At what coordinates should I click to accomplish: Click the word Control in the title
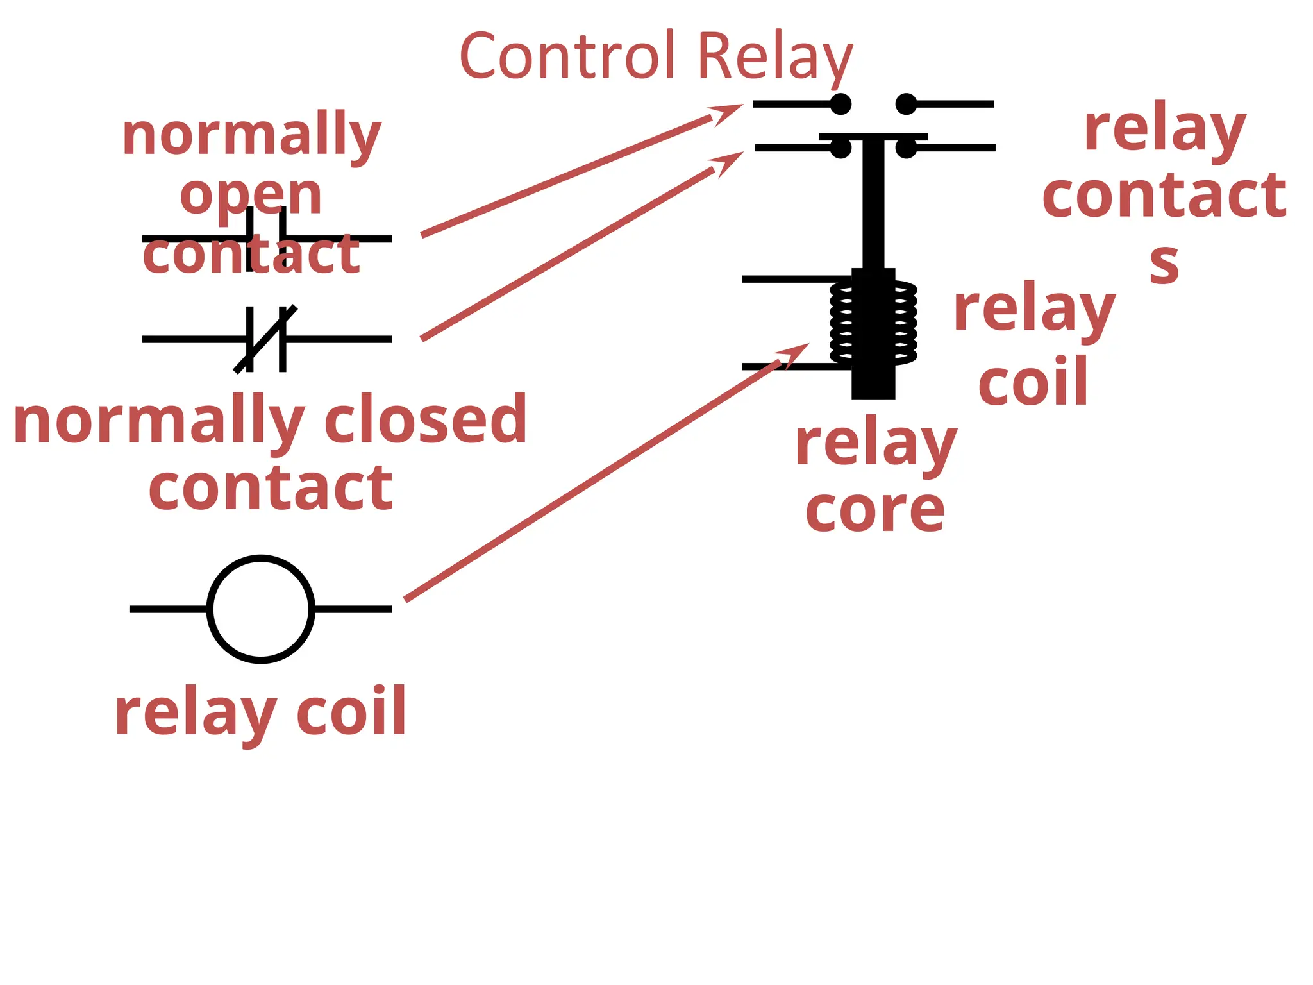[x=567, y=56]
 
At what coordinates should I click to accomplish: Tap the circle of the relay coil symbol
[x=261, y=609]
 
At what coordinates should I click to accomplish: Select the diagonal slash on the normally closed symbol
[x=265, y=339]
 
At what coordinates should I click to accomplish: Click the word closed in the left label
[x=426, y=419]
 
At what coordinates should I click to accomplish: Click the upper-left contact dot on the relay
[x=840, y=104]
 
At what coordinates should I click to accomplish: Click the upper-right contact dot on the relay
[x=906, y=104]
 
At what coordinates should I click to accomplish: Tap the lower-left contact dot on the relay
[x=840, y=148]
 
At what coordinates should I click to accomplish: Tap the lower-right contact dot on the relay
[x=906, y=148]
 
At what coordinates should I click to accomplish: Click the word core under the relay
[x=875, y=510]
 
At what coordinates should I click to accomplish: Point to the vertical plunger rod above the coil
[x=873, y=205]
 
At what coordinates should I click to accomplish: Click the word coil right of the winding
[x=1033, y=382]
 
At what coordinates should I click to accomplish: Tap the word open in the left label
[x=251, y=195]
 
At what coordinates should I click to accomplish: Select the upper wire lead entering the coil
[x=795, y=279]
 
